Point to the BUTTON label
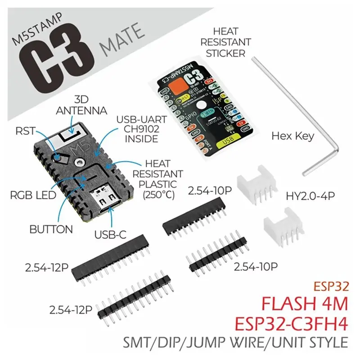pyautogui.click(x=51, y=229)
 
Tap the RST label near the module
pyautogui.click(x=26, y=130)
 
